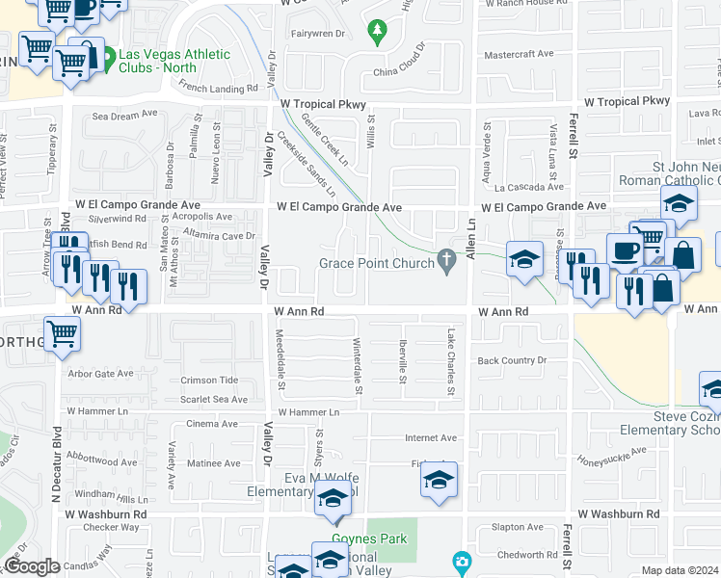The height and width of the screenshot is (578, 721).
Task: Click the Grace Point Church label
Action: point(377,264)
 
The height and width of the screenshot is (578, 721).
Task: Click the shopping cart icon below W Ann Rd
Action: point(63,333)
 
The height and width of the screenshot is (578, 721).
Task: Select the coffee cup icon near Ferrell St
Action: point(624,249)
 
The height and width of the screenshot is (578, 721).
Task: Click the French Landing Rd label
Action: point(220,88)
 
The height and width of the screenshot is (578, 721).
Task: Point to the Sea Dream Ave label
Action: point(124,115)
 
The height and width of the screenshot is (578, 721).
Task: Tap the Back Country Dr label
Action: point(512,360)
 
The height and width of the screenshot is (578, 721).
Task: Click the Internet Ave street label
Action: point(431,437)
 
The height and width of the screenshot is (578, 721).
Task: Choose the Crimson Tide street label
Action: point(207,381)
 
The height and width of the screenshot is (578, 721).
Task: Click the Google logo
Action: point(32,566)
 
